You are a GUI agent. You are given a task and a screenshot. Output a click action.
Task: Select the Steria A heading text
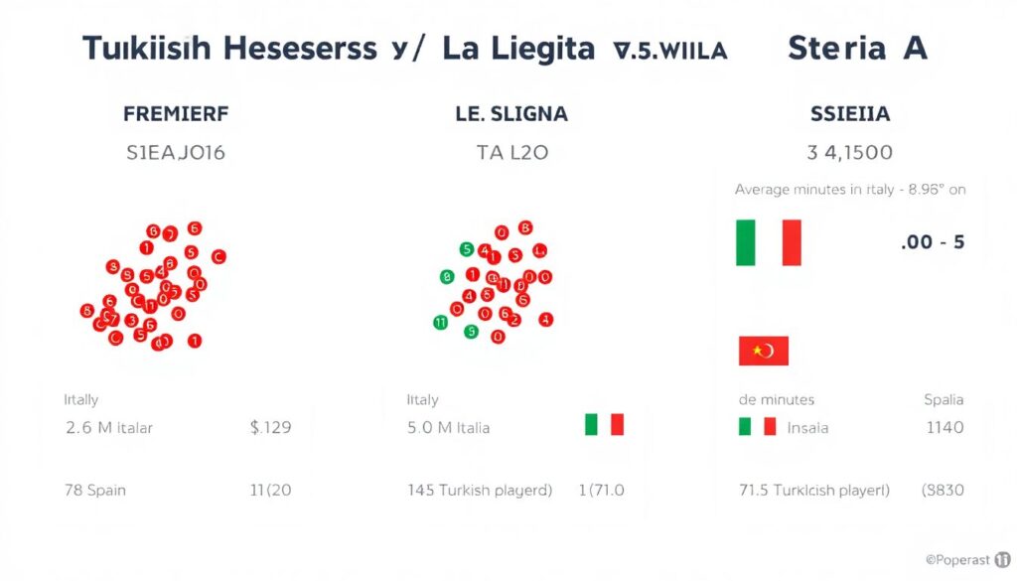(x=857, y=48)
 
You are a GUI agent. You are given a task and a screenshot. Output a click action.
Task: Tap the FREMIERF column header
(x=176, y=113)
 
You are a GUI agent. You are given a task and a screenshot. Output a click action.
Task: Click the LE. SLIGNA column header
(x=510, y=113)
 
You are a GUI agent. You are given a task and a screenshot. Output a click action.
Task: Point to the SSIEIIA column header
(x=850, y=113)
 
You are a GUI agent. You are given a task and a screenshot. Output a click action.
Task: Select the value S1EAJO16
(x=176, y=153)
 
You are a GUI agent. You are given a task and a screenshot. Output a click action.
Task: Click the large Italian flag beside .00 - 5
(x=768, y=242)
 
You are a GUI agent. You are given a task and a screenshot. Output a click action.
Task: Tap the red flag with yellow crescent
(x=763, y=351)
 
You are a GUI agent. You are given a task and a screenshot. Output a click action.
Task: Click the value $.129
(x=271, y=428)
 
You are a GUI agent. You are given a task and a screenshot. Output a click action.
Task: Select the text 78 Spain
(x=95, y=490)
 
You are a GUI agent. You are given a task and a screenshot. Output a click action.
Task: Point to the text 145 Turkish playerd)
(x=480, y=490)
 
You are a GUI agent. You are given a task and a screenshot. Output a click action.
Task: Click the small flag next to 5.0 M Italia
(x=604, y=425)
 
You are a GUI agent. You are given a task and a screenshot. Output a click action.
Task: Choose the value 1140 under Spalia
(x=944, y=428)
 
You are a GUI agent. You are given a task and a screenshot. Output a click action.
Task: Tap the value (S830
(x=943, y=490)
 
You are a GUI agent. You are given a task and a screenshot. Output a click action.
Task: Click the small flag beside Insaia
(x=757, y=427)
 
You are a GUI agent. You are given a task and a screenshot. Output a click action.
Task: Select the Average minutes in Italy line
(x=850, y=189)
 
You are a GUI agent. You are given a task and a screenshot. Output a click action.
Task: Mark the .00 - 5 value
(x=932, y=241)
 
